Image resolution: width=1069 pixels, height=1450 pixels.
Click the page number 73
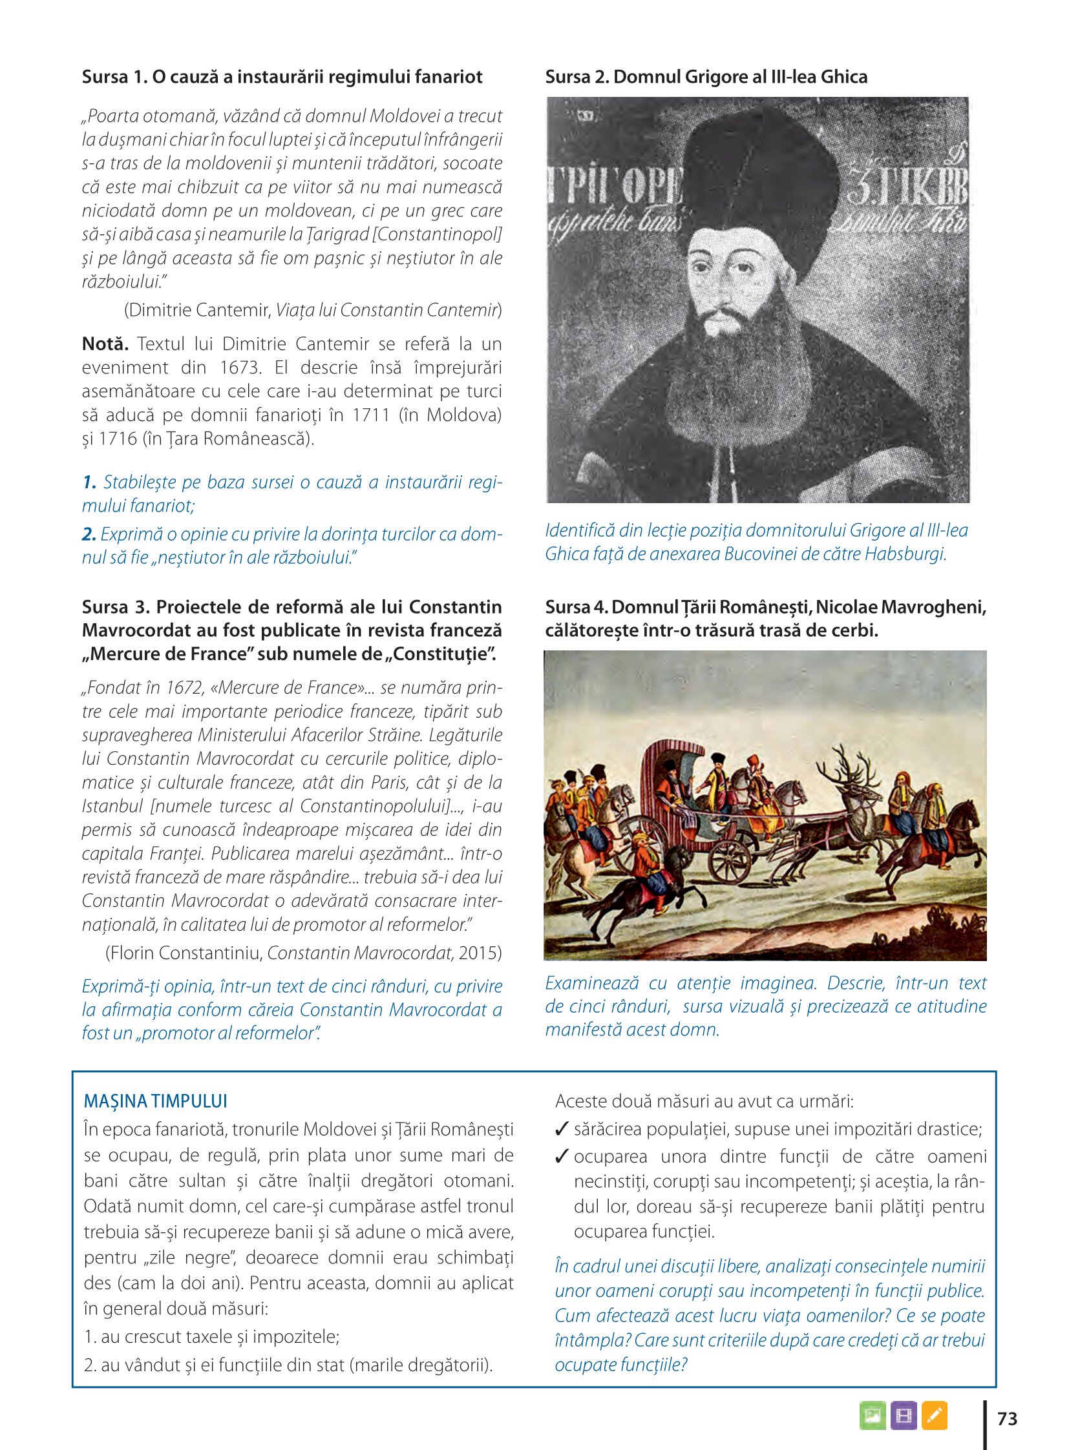point(1007,1419)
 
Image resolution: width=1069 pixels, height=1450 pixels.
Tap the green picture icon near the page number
point(873,1416)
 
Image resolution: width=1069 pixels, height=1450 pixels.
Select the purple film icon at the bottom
point(904,1416)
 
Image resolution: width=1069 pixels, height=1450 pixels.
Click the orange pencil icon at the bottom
point(934,1416)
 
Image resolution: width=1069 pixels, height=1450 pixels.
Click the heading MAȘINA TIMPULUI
point(155,1101)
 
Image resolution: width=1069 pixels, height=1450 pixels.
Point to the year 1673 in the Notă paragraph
point(240,368)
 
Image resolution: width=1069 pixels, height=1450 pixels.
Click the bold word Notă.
point(105,344)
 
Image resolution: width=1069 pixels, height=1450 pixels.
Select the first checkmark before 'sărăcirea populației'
point(562,1129)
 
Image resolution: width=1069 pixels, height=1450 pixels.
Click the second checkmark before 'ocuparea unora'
point(562,1155)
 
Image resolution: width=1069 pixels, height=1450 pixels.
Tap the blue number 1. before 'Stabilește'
point(89,482)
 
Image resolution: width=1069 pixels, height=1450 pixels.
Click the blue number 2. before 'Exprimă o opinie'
point(89,534)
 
